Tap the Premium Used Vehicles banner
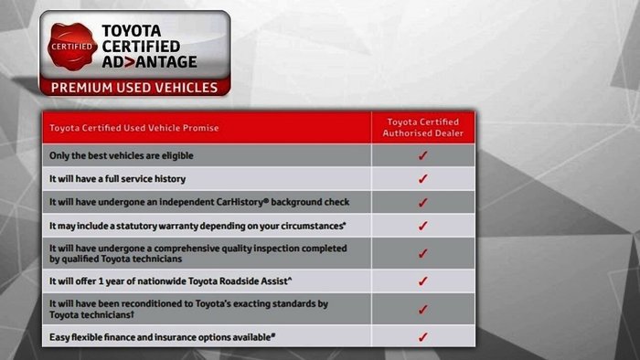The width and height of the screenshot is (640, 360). [133, 89]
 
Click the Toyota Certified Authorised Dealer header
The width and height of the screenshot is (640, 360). [422, 128]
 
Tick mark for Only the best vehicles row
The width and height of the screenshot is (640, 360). [422, 155]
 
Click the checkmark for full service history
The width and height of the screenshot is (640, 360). [422, 178]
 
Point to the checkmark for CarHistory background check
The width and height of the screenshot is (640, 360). [422, 201]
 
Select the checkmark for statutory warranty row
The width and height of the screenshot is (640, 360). [422, 225]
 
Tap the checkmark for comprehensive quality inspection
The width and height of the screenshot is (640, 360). [422, 253]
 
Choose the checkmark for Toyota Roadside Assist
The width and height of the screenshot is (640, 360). [422, 281]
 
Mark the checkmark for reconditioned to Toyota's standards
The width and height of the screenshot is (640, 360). [422, 309]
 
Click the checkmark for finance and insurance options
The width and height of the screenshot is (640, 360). [422, 337]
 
